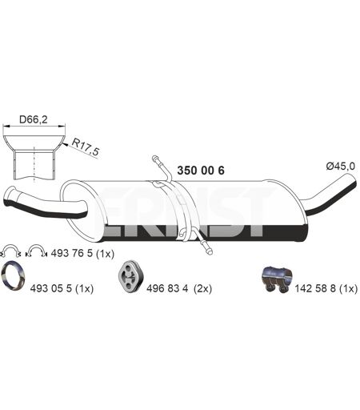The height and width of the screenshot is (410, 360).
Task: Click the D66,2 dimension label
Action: point(34,119)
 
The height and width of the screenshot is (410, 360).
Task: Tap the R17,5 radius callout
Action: point(85,147)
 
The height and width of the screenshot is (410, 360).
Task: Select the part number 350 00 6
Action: point(201,171)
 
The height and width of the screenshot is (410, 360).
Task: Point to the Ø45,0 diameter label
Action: point(340,167)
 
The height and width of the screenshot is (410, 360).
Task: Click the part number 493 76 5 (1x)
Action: point(82,253)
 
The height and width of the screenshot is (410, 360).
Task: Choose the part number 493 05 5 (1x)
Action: point(62,288)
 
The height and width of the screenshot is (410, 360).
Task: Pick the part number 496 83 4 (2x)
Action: point(179,288)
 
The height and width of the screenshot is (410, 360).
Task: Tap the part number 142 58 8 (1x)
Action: point(326,288)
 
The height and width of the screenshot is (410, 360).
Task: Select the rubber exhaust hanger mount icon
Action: point(130,275)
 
